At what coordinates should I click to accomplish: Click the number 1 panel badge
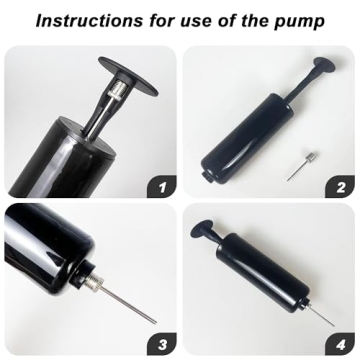point(162,187)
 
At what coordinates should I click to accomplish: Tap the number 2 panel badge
point(340,187)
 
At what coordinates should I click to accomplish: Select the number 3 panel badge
point(162,344)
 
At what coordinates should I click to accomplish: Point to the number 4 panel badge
point(340,344)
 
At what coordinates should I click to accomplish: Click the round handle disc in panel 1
point(128,75)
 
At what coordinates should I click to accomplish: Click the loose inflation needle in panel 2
point(302,166)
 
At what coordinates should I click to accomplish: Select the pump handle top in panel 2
point(324,65)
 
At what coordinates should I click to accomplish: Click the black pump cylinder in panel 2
point(247,138)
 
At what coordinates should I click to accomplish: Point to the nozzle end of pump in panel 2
point(208,177)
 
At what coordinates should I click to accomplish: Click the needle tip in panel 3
point(155,322)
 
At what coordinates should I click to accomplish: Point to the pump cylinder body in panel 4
point(263,271)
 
